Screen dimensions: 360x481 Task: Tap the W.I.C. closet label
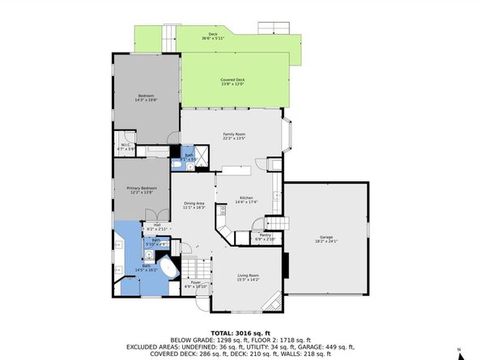[x=126, y=148]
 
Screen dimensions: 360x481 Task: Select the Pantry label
[x=266, y=237]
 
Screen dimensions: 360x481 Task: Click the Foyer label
[x=195, y=284]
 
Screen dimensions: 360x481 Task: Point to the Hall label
[x=156, y=227]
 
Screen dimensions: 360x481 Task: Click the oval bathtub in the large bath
[x=169, y=269]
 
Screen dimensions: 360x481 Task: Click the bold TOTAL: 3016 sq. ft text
[x=240, y=332]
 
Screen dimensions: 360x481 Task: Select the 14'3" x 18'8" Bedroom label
[x=145, y=97]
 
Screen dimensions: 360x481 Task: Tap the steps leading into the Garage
[x=278, y=224]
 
